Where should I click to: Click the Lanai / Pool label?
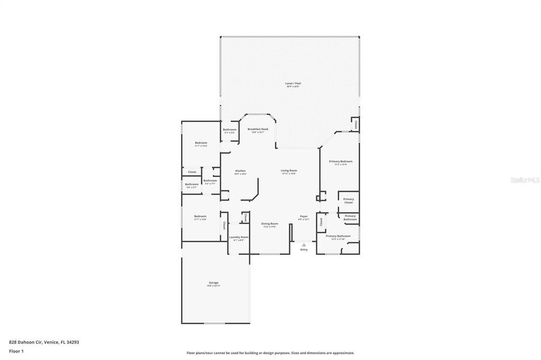click(x=293, y=83)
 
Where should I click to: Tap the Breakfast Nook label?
click(x=258, y=129)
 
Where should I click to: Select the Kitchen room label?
click(x=240, y=171)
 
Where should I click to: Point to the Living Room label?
click(x=288, y=170)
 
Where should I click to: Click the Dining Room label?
click(x=269, y=224)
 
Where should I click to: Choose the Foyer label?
click(x=304, y=216)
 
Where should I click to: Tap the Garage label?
click(x=213, y=283)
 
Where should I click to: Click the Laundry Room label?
click(x=239, y=238)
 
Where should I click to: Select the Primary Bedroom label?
click(x=341, y=162)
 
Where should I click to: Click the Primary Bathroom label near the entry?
click(x=338, y=236)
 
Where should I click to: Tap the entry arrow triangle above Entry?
click(x=304, y=245)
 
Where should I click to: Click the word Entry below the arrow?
click(x=304, y=250)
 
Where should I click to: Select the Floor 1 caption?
click(x=16, y=350)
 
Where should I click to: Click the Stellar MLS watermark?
click(x=525, y=180)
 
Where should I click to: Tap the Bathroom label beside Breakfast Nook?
click(x=229, y=130)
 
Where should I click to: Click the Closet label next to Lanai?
click(x=356, y=125)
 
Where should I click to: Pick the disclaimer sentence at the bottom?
click(x=270, y=353)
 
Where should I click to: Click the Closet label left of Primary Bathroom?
click(x=321, y=222)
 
